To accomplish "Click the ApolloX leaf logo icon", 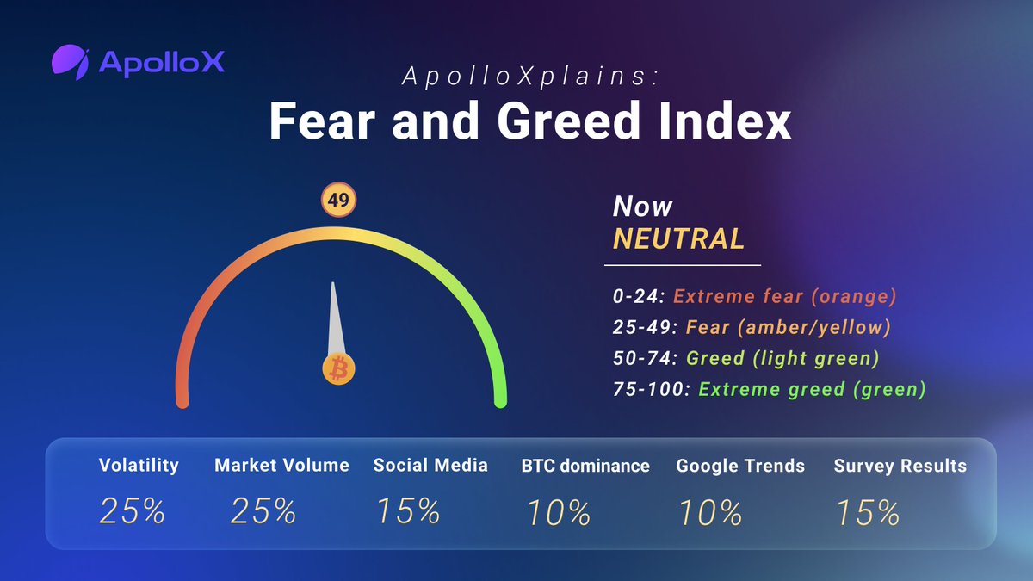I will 70,61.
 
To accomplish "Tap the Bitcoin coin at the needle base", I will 338,369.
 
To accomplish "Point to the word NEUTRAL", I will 678,239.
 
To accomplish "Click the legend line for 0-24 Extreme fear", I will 754,297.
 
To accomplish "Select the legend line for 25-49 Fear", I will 751,328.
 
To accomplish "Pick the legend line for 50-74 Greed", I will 747,358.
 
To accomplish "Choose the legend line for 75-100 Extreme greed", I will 769,389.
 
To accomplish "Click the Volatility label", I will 139,466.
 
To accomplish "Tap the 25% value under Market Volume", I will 263,511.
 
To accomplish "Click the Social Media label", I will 430,466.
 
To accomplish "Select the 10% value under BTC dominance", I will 557,513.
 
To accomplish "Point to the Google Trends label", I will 740,467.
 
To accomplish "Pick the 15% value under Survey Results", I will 867,513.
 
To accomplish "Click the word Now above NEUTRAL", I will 642,207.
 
